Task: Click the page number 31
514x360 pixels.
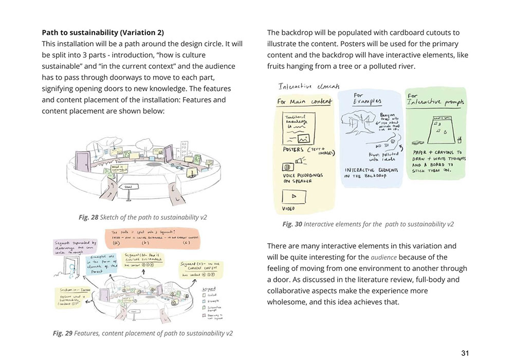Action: point(465,353)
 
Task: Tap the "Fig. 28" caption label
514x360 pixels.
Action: point(88,218)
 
